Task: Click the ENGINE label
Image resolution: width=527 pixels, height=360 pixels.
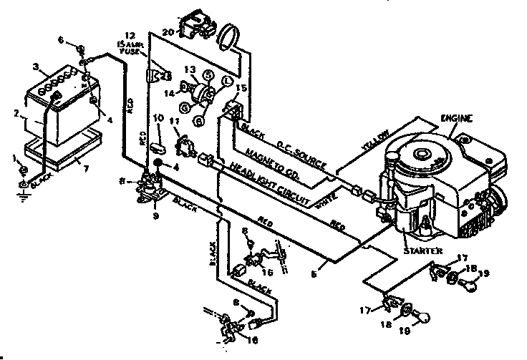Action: point(457,117)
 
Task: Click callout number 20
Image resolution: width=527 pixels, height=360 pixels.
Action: point(167,33)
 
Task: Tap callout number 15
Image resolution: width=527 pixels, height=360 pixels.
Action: point(241,89)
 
